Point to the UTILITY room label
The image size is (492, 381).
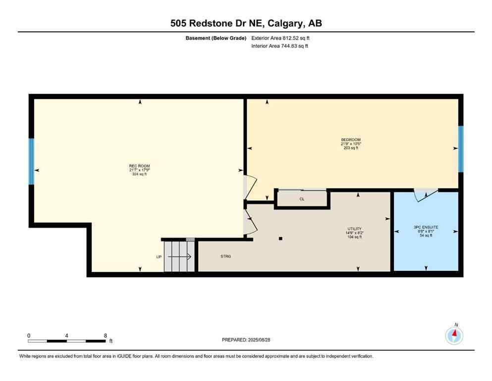coord(354,229)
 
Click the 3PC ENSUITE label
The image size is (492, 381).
coord(426,227)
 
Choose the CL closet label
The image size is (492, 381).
coord(302,199)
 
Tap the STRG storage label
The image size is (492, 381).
coord(226,256)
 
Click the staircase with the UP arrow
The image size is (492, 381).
coord(179,256)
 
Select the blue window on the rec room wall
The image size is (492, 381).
coord(31,161)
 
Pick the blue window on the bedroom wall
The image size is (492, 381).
coord(460,149)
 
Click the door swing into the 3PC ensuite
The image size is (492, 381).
coord(426,195)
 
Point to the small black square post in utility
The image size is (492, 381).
coord(280,239)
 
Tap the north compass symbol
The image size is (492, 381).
coord(454,336)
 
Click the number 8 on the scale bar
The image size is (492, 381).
coord(106,335)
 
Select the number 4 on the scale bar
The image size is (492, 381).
coord(66,335)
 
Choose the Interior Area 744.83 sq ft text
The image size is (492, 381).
coord(279,46)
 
